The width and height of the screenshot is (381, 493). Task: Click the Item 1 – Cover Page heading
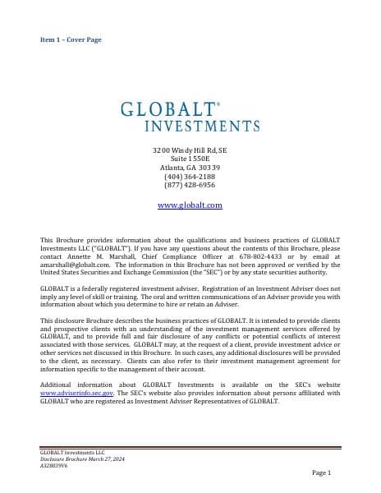click(71, 39)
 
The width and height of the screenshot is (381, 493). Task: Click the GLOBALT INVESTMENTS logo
click(190, 117)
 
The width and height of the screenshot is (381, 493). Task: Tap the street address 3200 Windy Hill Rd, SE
click(190, 151)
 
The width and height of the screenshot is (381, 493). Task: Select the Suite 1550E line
click(190, 159)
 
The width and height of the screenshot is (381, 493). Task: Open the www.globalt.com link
click(190, 205)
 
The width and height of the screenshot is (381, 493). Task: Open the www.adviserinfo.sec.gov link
click(78, 394)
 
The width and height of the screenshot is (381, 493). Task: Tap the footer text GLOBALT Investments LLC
click(73, 452)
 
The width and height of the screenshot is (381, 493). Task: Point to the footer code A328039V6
click(57, 464)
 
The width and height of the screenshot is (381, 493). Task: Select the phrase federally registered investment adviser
click(135, 289)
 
